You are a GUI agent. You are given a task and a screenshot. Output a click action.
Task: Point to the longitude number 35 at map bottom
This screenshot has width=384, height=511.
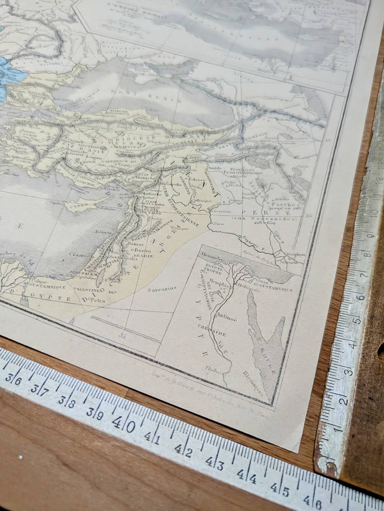(x=123, y=336)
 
